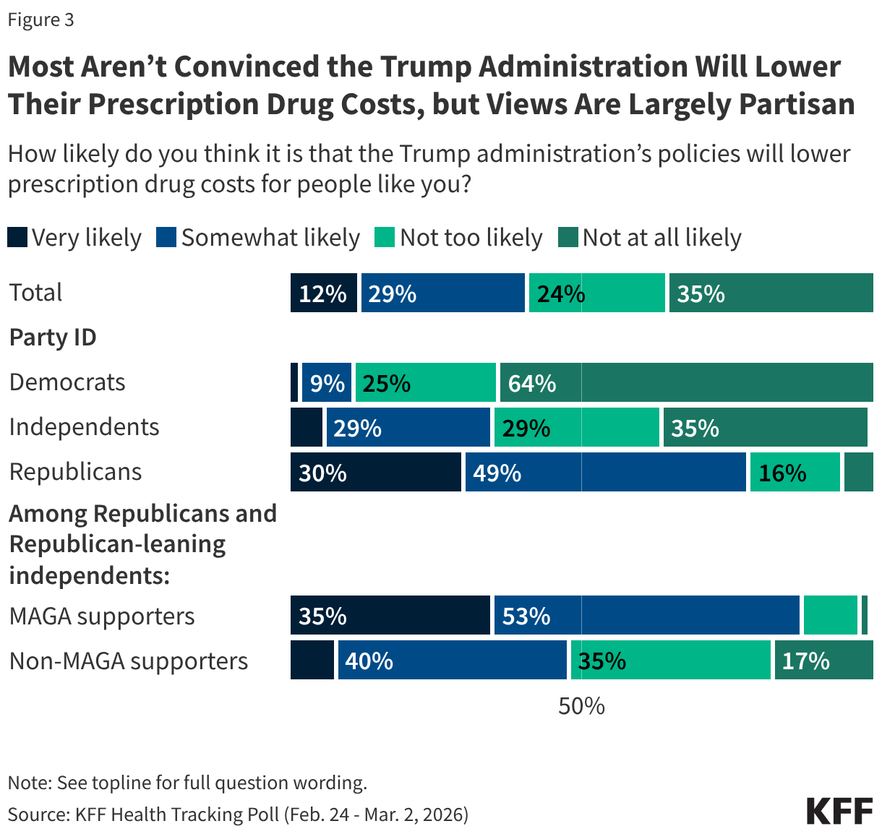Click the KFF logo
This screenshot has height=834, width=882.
839,811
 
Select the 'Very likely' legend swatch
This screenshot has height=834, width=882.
17,237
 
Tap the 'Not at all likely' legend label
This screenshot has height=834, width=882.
661,238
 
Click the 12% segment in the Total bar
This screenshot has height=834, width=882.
323,293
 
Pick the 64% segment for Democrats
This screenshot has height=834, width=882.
685,382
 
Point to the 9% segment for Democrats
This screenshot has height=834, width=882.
327,382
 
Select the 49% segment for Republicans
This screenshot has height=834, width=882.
605,472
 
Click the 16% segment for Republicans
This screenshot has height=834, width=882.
795,472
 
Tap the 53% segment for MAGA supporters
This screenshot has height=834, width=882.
646,615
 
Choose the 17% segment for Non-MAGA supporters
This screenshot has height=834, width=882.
823,660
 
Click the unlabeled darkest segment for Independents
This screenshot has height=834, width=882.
307,427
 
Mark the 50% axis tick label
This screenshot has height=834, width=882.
581,705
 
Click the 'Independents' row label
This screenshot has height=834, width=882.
84,427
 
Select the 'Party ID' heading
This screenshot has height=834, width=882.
53,338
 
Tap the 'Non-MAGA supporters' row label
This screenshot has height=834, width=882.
129,661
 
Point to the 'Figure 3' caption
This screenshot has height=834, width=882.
40,20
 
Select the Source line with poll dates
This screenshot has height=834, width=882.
238,814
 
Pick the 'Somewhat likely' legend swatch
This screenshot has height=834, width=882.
166,237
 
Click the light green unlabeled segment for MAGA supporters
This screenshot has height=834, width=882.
830,615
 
